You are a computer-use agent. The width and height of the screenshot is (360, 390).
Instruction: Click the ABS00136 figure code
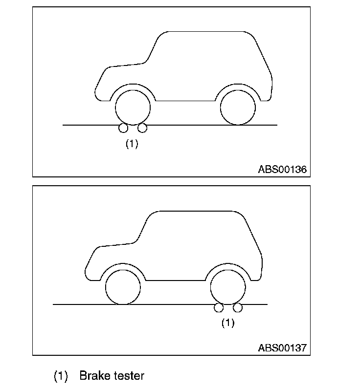point(282,170)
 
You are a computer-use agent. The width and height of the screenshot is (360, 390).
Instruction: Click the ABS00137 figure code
point(282,348)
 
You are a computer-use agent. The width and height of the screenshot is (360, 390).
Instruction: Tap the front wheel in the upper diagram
point(133,107)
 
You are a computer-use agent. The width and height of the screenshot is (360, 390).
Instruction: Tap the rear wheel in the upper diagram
point(238,107)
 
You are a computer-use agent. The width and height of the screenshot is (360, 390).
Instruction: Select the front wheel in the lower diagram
point(123,287)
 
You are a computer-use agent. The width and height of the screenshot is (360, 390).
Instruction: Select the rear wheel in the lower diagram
point(228,287)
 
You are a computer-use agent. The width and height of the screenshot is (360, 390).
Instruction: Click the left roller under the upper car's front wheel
point(123,128)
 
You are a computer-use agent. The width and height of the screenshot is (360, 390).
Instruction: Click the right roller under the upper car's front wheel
point(142,128)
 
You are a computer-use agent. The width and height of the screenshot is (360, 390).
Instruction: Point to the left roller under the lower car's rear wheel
point(219,307)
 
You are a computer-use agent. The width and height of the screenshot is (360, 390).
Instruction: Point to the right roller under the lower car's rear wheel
point(238,307)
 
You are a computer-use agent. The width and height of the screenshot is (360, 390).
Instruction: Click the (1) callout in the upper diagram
point(132,144)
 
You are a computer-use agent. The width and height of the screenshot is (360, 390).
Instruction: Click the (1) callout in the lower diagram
point(228,323)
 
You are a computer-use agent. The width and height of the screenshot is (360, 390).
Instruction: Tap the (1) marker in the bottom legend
point(60,376)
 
